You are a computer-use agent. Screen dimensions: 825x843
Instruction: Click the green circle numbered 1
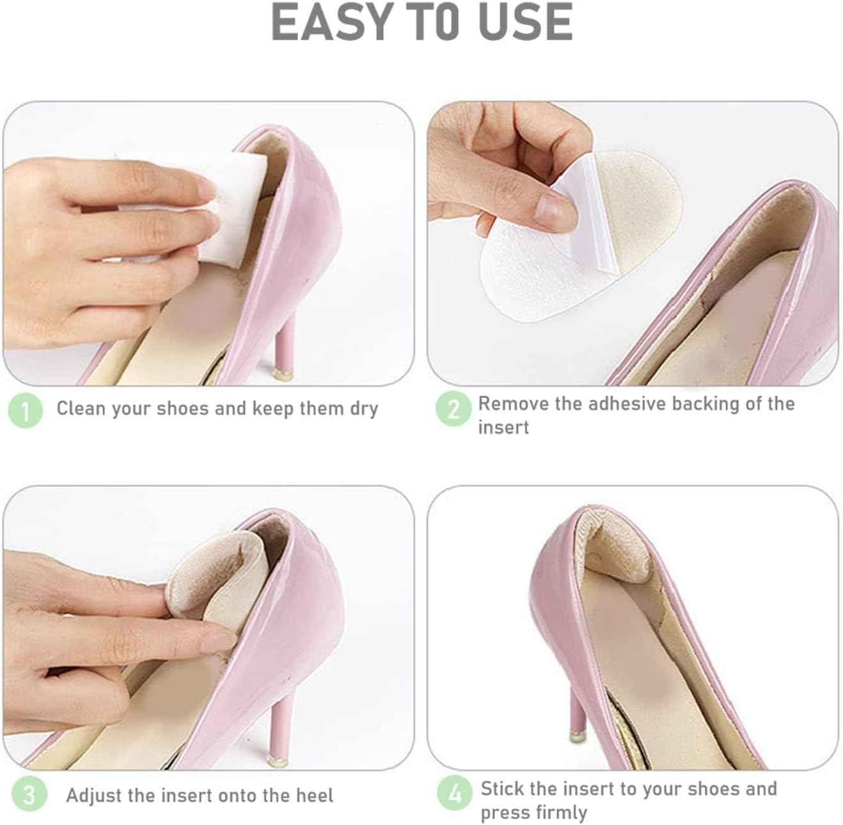click(25, 410)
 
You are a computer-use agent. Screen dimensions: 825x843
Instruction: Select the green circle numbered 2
click(453, 409)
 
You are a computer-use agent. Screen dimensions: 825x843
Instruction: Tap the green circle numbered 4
click(454, 794)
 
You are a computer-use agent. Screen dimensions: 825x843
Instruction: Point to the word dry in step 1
click(364, 409)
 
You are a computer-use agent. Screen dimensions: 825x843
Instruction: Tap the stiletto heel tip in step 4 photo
click(576, 736)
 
